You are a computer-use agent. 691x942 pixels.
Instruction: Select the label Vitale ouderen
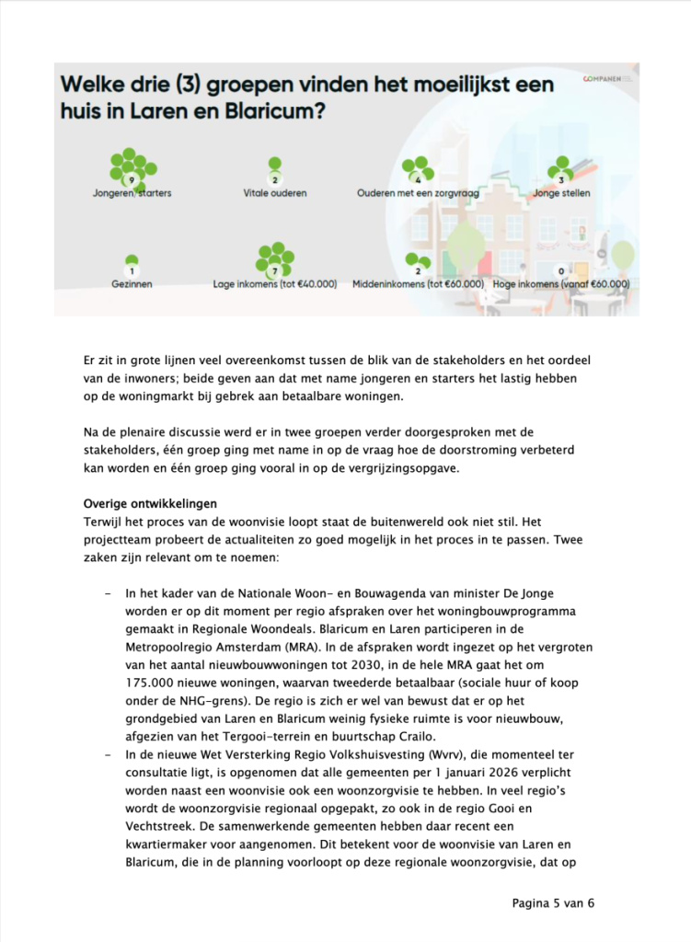275,194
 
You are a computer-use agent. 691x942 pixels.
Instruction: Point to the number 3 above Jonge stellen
561,179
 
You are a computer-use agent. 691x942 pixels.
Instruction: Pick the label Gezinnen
132,285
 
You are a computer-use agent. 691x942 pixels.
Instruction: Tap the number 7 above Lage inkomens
274,271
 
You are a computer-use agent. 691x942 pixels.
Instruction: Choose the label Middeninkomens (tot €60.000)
418,285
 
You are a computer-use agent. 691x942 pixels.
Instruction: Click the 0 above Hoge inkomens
561,271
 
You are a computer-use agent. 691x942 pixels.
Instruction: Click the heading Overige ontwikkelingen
150,504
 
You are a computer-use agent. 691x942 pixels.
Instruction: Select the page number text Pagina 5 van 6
553,902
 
